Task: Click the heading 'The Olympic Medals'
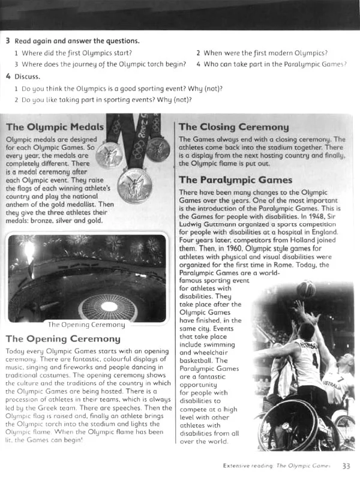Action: (x=55, y=127)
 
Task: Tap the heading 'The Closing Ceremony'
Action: (x=233, y=127)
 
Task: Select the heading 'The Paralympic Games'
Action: (x=235, y=180)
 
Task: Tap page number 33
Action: (x=346, y=465)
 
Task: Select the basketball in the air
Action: (x=306, y=289)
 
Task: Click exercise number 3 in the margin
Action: (x=8, y=41)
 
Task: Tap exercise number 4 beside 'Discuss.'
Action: (x=8, y=76)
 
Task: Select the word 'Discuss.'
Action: (x=28, y=76)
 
